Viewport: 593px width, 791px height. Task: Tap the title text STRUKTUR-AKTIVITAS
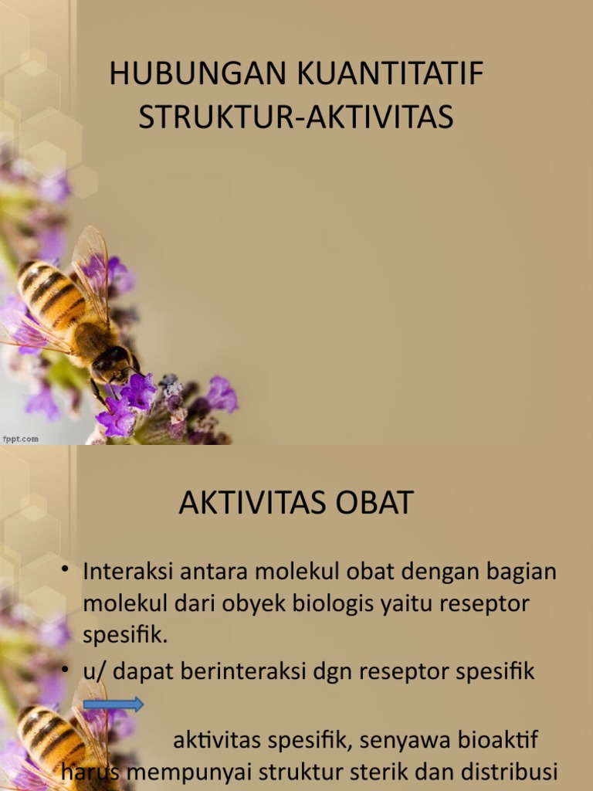click(x=296, y=117)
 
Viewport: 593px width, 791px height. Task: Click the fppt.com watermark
click(x=21, y=439)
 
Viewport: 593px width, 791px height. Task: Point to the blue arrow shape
click(x=113, y=704)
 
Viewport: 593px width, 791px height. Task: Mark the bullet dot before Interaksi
click(x=66, y=571)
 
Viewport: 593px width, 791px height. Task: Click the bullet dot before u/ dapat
click(x=66, y=670)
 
